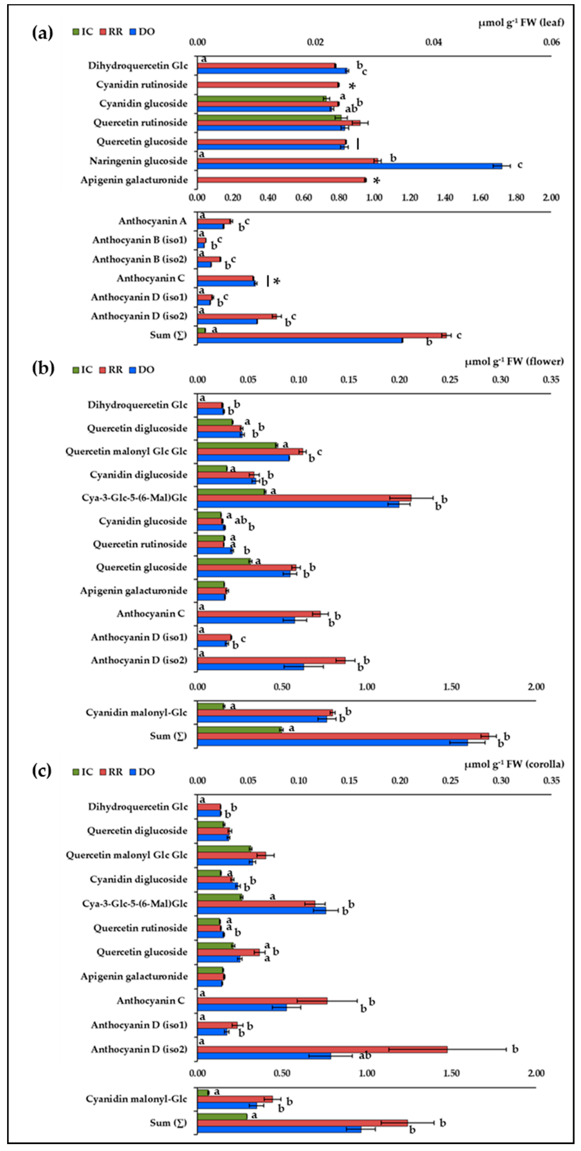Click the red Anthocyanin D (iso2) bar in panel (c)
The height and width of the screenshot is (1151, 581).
(x=322, y=1049)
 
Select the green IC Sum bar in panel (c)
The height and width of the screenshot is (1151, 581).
(x=222, y=1116)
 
